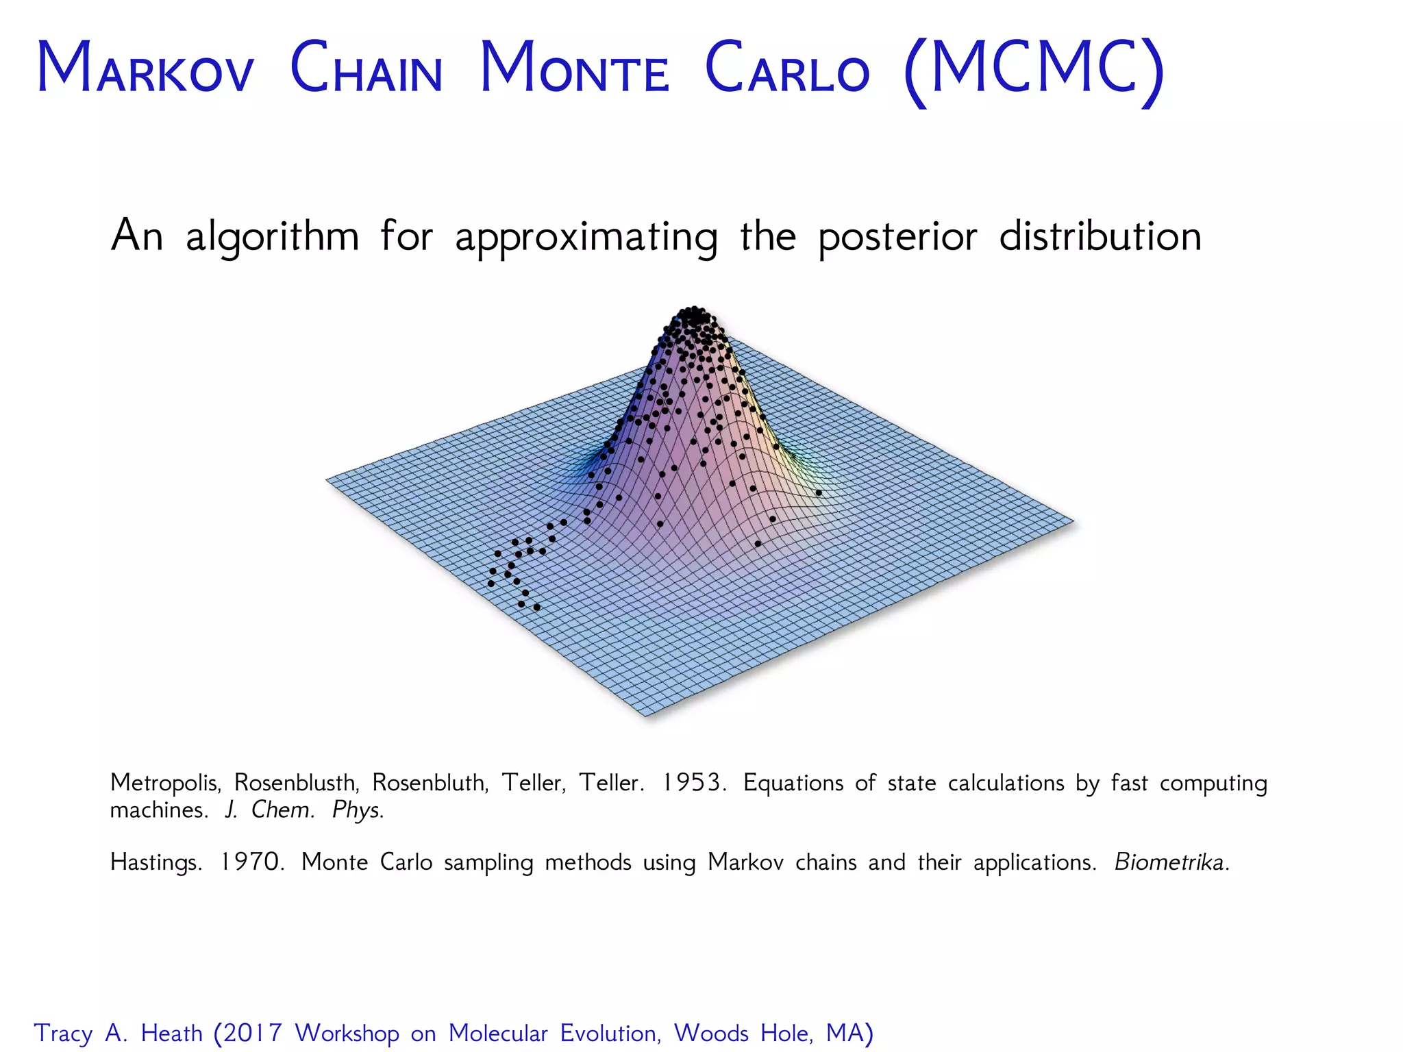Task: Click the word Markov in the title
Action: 145,68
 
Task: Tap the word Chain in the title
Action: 366,68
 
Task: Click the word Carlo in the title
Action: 787,68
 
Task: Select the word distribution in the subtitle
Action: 1100,236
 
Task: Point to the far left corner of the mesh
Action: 327,479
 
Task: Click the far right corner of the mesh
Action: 1073,522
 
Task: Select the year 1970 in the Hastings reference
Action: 251,862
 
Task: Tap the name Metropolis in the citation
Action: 165,782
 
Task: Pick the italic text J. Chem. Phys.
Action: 303,810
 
